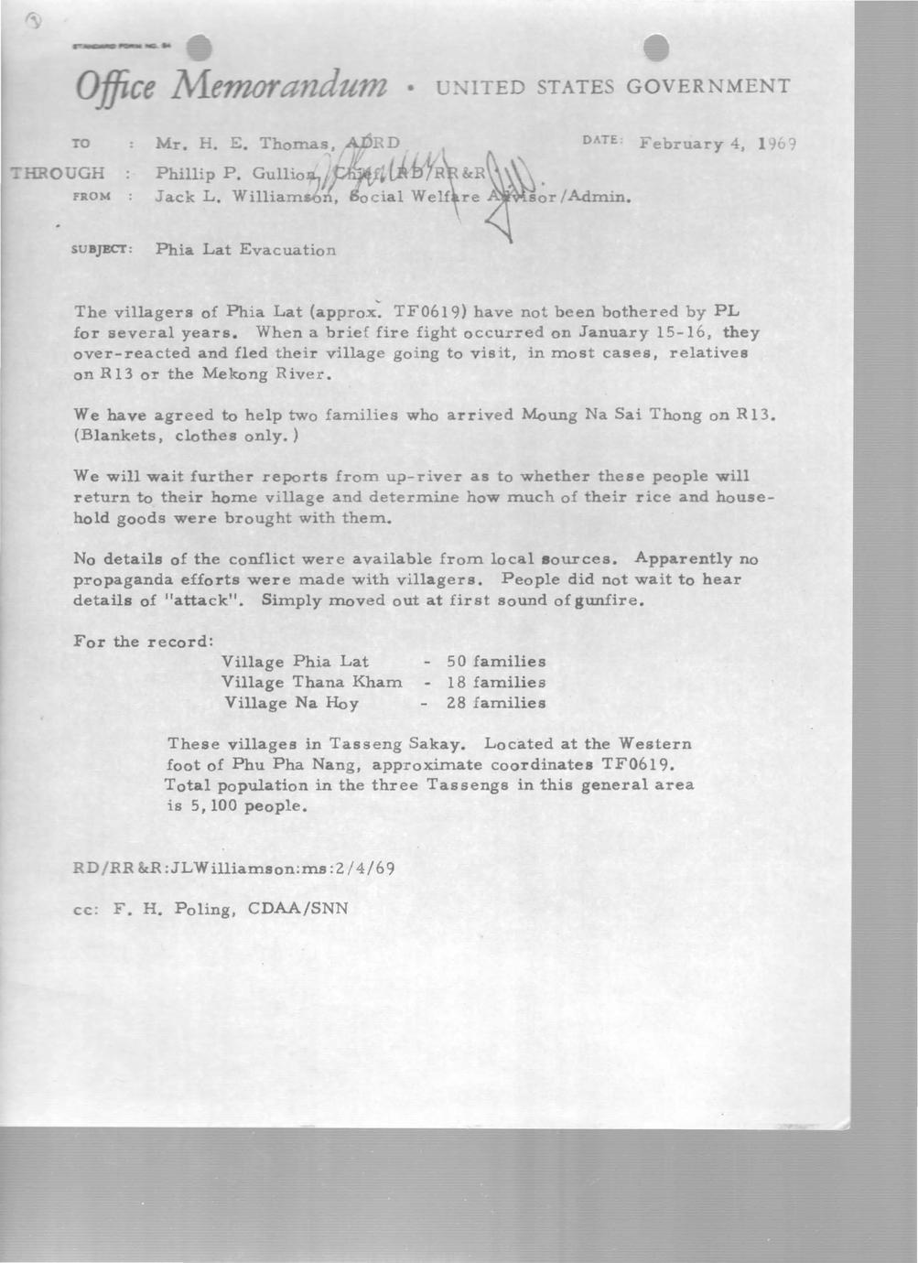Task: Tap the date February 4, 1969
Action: click(x=719, y=144)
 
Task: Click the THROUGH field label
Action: click(x=56, y=172)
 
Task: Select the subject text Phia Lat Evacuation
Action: click(x=245, y=249)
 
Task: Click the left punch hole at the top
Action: click(x=199, y=49)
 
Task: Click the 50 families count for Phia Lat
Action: click(x=495, y=661)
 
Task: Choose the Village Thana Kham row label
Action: click(x=312, y=682)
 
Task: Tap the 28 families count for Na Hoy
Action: click(x=495, y=703)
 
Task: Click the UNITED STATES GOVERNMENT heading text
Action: click(x=612, y=87)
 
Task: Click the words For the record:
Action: click(x=143, y=641)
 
